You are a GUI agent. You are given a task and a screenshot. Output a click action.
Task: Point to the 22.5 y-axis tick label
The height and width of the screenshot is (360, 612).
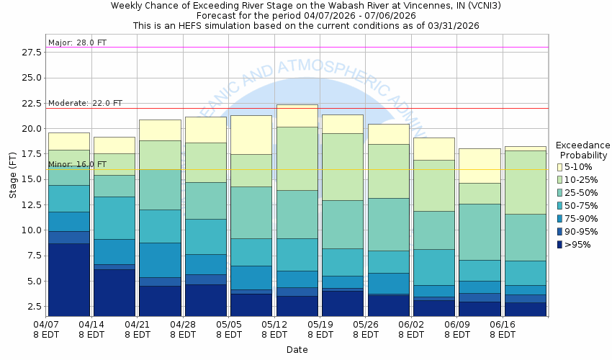tap(31, 104)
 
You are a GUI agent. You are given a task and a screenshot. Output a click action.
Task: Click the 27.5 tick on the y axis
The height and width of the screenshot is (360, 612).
tap(31, 53)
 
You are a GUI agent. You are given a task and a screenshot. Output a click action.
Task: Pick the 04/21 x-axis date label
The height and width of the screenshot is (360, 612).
tap(137, 329)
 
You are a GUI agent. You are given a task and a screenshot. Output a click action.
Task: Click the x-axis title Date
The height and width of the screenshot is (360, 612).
tap(297, 350)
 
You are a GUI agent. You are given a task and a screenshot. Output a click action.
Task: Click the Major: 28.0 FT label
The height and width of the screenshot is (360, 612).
tap(77, 42)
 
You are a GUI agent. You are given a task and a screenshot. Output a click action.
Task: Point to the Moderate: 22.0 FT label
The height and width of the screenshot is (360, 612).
tap(85, 104)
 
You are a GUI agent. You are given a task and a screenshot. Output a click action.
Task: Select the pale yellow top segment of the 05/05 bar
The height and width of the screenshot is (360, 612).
tap(251, 135)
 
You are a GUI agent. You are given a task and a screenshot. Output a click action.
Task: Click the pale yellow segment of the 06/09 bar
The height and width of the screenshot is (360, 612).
tap(480, 166)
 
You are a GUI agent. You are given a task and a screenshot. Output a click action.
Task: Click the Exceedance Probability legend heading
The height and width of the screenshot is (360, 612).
tap(584, 150)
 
